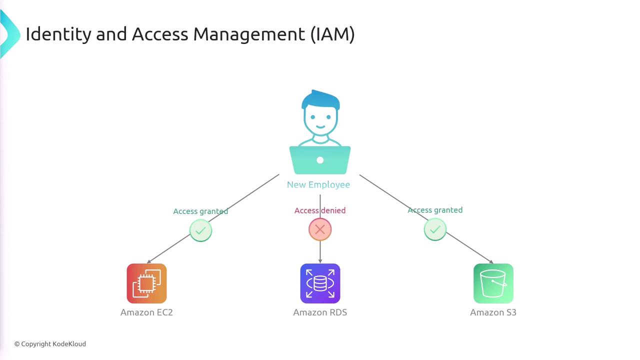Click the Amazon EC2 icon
[x=146, y=283]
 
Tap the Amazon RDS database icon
[x=320, y=283]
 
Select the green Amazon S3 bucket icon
[x=493, y=283]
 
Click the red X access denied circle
[x=320, y=229]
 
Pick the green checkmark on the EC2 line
[x=200, y=230]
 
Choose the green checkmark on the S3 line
[x=435, y=229]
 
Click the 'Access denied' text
[x=320, y=210]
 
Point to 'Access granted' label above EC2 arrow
[x=200, y=211]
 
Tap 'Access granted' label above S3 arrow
[x=435, y=210]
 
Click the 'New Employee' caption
[x=318, y=184]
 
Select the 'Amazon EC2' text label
[x=146, y=312]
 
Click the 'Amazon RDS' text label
[x=320, y=312]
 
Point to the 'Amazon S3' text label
[x=493, y=312]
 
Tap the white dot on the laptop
[x=320, y=160]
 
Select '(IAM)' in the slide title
[x=332, y=34]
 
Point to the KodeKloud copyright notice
[x=50, y=344]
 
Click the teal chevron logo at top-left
[x=9, y=34]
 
